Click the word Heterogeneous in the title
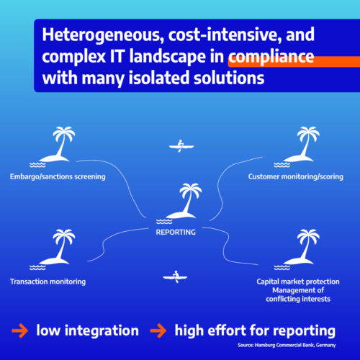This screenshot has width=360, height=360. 101,35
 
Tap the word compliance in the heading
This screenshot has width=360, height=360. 271,57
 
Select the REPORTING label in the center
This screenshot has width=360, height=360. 176,232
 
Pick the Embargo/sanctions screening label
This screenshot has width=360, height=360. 58,176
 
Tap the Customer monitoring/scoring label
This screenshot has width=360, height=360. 296,176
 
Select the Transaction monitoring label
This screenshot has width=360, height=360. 48,282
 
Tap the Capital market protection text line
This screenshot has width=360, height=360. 298,282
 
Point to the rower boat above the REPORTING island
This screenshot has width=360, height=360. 181,146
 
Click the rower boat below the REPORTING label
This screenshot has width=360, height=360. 175,277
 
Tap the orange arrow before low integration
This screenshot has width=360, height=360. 20,330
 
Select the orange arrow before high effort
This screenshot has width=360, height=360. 158,330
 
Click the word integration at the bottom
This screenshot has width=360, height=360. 102,330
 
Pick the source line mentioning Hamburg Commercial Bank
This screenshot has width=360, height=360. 287,345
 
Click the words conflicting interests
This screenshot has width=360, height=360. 298,299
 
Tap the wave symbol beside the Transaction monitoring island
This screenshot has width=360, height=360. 37,267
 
